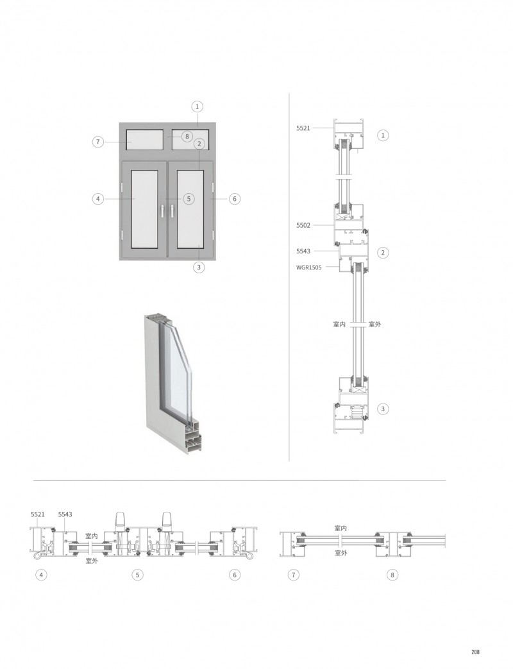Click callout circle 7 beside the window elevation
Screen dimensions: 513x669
pyautogui.click(x=99, y=142)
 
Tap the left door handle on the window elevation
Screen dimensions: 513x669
pyautogui.click(x=162, y=210)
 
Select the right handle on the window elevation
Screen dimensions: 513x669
pyautogui.click(x=172, y=210)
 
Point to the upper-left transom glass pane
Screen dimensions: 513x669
pyautogui.click(x=145, y=140)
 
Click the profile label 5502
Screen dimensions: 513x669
pyautogui.click(x=303, y=225)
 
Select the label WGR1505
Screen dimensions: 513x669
pyautogui.click(x=308, y=267)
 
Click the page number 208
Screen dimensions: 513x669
pyautogui.click(x=475, y=652)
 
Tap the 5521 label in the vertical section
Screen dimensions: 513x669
pyautogui.click(x=303, y=128)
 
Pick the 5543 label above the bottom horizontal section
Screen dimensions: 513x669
pyautogui.click(x=65, y=514)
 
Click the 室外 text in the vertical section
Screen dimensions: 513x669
pyautogui.click(x=374, y=325)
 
